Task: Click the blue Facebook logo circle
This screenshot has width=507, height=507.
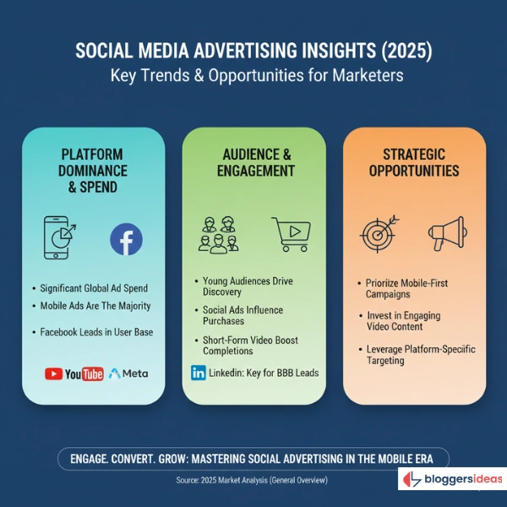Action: point(126,240)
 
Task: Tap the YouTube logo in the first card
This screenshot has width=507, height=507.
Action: point(74,373)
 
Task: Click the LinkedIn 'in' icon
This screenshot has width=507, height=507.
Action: point(199,373)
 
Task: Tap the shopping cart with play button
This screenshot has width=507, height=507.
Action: point(290,234)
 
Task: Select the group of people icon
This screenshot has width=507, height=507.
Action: point(218,234)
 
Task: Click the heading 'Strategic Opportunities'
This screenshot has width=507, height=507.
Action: point(414,162)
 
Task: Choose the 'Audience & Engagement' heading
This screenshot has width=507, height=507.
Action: point(253,162)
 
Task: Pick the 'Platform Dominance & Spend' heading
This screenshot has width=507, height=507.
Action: point(92,170)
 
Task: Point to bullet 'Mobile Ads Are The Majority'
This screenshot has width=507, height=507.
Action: point(96,306)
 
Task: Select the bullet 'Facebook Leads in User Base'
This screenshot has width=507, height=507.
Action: point(96,332)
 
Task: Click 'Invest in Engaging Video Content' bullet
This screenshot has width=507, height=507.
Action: point(403,320)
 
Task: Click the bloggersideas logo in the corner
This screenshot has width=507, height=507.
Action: point(452,479)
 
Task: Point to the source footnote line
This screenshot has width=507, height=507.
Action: point(253,479)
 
